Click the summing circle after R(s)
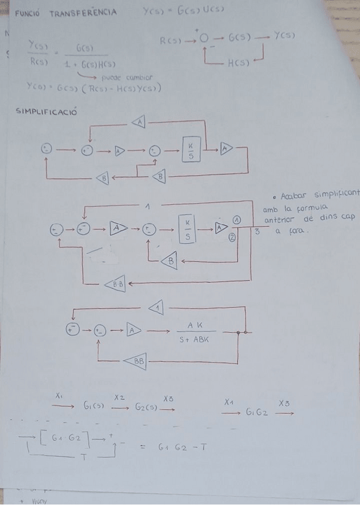204,40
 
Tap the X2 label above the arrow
119,397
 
